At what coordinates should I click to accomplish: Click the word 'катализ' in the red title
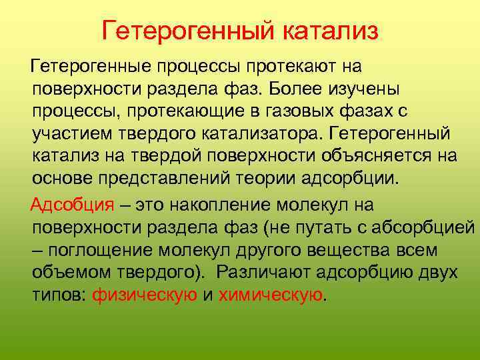pyautogui.click(x=331, y=31)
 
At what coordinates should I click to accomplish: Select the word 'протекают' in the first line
pyautogui.click(x=293, y=67)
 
